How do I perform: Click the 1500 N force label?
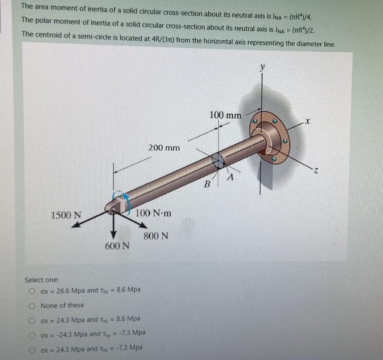(66, 215)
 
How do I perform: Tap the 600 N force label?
(117, 245)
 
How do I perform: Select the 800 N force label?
(156, 236)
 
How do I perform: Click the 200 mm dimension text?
(164, 148)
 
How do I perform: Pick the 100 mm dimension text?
(225, 116)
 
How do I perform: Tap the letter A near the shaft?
(231, 177)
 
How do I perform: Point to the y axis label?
(262, 68)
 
